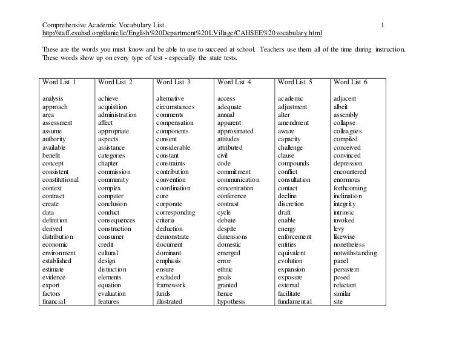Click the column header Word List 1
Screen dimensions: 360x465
[x=59, y=82]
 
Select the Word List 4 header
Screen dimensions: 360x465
[x=234, y=82]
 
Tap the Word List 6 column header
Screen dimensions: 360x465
[x=350, y=82]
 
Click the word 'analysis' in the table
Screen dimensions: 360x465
[x=54, y=98]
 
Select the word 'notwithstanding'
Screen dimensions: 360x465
[x=355, y=253]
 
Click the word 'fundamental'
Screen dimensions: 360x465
[x=295, y=301]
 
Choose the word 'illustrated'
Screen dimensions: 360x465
[x=169, y=301]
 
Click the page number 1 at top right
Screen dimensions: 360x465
[x=383, y=24]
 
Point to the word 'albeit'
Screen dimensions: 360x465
[x=343, y=107]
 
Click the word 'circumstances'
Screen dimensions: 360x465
[x=176, y=107]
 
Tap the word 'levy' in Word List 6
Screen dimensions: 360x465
[x=340, y=228]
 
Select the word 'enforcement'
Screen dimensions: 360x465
[x=294, y=236]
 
